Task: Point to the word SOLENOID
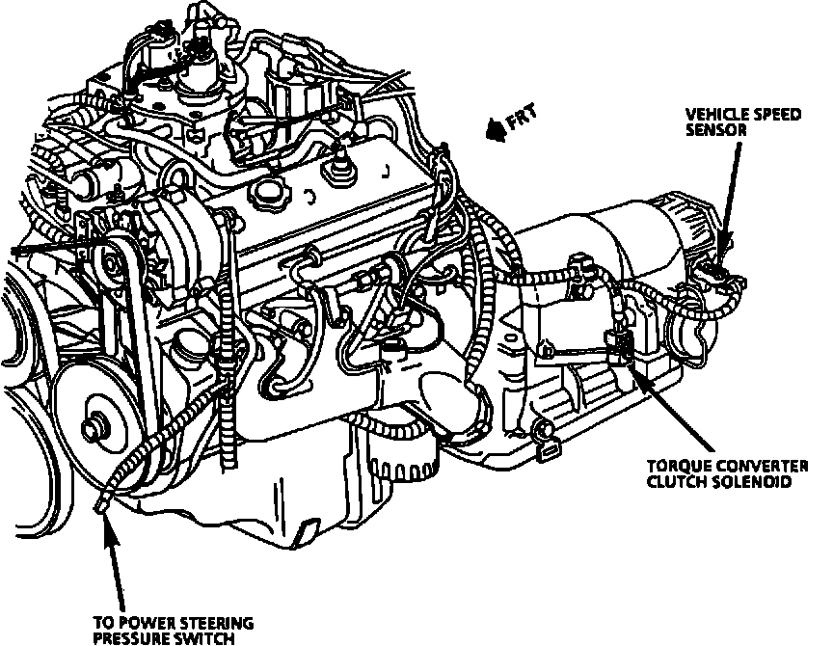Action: (x=748, y=480)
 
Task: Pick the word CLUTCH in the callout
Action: (x=672, y=480)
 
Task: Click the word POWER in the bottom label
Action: (x=140, y=622)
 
